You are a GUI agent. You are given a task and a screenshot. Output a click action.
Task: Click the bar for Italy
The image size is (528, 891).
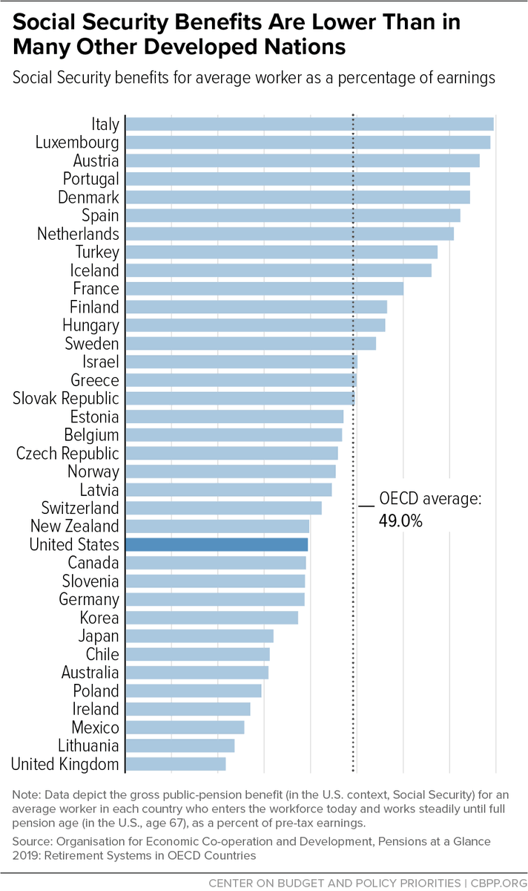click(x=309, y=124)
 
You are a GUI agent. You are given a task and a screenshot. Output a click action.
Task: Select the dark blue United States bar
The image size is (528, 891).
click(x=217, y=545)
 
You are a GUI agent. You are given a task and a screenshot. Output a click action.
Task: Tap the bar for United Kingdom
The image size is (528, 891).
click(x=176, y=764)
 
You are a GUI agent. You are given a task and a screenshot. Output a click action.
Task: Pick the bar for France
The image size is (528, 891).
click(x=264, y=289)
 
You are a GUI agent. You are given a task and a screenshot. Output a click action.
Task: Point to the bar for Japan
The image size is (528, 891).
click(x=199, y=636)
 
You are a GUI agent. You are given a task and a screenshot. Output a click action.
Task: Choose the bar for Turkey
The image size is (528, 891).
click(x=281, y=252)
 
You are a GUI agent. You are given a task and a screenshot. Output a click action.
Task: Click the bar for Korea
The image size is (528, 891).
click(x=211, y=618)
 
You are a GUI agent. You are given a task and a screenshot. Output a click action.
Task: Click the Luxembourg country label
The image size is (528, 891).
click(x=77, y=143)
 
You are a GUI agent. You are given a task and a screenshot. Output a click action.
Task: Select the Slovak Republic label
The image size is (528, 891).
click(x=66, y=399)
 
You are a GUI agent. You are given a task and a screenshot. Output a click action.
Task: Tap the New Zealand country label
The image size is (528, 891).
click(x=74, y=526)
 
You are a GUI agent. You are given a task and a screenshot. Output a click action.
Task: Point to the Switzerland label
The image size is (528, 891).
click(x=80, y=509)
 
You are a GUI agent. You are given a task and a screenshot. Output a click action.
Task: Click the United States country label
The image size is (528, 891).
click(x=74, y=545)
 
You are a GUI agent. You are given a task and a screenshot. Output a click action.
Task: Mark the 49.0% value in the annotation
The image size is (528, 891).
click(x=400, y=521)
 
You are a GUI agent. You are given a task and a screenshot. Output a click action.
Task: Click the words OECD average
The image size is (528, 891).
click(x=430, y=499)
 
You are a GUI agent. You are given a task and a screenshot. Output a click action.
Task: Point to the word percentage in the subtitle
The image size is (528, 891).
click(x=337, y=77)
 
